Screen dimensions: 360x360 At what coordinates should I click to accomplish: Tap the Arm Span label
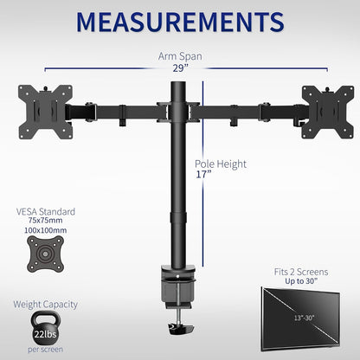179,57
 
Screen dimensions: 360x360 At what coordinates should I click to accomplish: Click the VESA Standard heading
45,211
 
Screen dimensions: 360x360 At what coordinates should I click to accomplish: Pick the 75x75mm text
45,222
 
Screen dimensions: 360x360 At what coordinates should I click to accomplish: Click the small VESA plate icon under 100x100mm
45,260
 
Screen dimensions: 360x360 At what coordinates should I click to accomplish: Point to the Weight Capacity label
45,304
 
